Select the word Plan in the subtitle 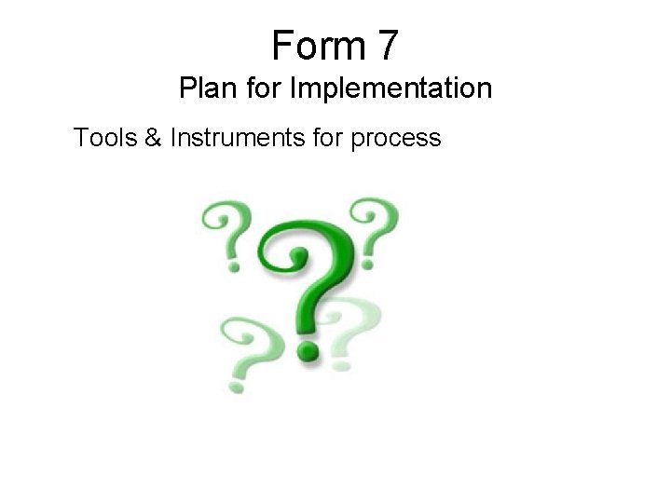[205, 89]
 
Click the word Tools [104, 139]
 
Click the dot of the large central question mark [307, 349]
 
